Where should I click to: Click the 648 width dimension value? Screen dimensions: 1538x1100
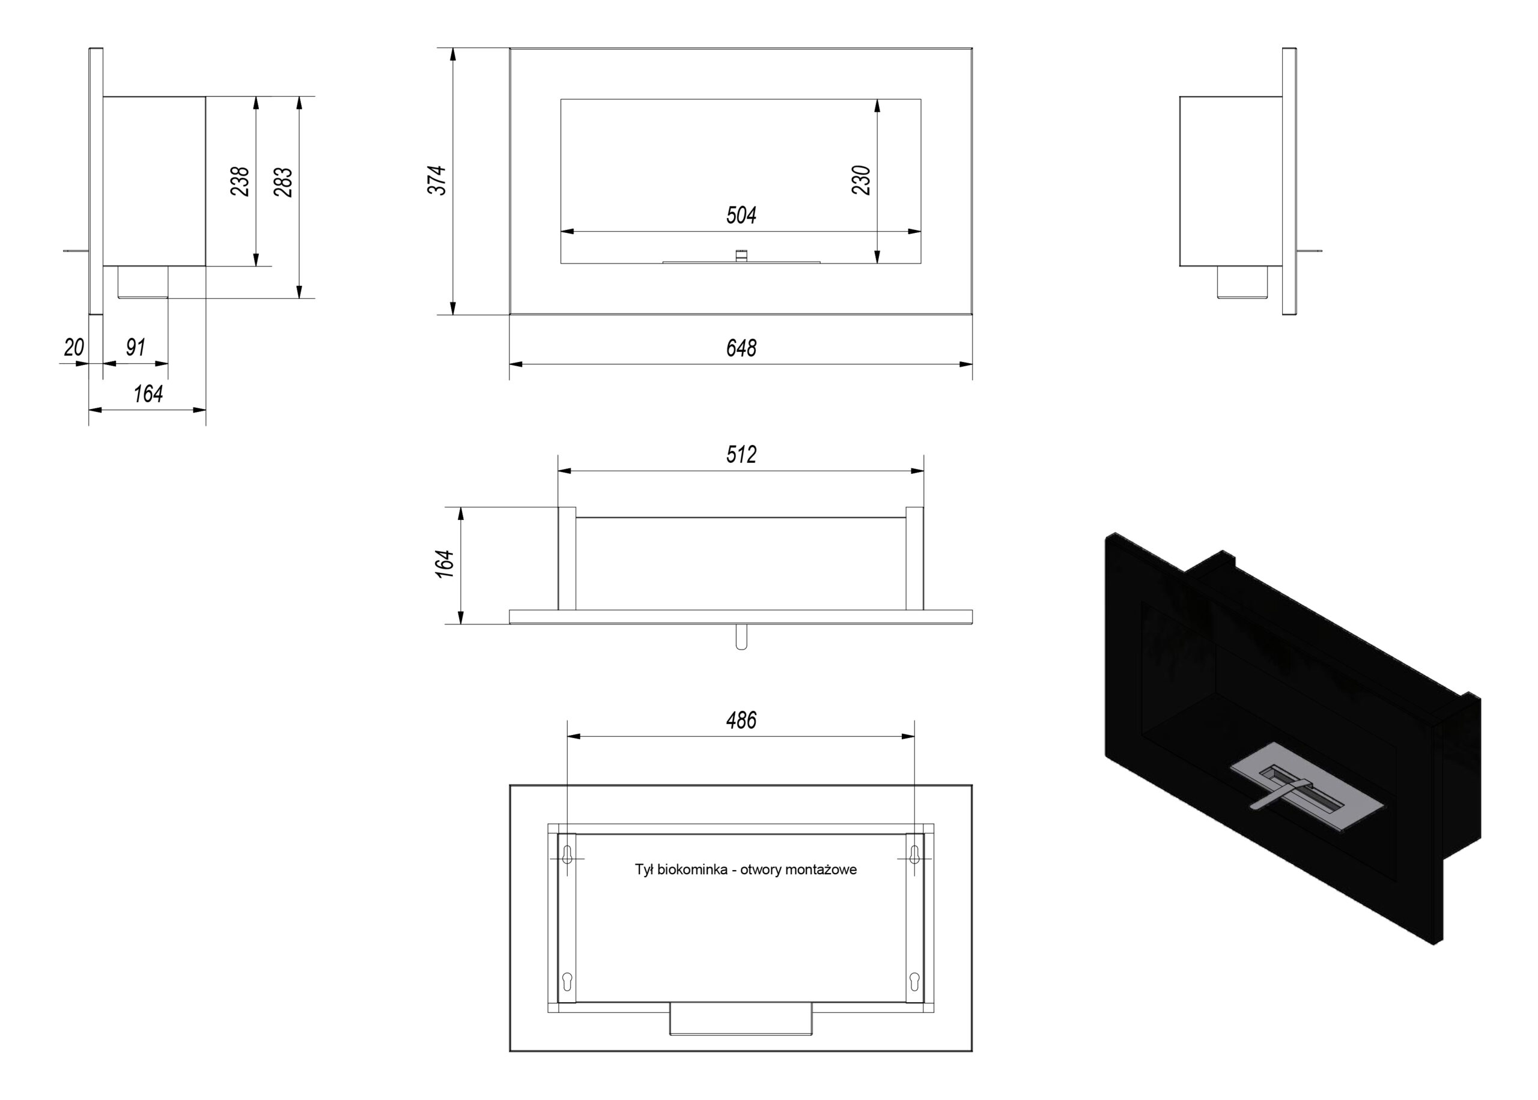741,348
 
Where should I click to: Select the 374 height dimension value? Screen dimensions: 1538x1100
437,180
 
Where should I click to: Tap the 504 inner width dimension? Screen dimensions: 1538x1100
741,216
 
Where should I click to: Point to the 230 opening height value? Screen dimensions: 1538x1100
860,180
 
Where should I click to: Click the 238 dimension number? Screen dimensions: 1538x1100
240,181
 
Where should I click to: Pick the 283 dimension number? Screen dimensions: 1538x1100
283,181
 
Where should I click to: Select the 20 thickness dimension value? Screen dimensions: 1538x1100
74,347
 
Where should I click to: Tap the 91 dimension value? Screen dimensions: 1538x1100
136,347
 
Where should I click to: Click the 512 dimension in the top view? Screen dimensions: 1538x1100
741,455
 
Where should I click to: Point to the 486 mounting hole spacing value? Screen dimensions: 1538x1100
741,720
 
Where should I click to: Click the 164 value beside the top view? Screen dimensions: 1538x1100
445,564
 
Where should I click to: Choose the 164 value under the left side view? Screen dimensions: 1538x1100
148,393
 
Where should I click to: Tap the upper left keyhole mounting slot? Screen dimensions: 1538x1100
568,855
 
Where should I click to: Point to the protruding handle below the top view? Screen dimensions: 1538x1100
741,636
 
